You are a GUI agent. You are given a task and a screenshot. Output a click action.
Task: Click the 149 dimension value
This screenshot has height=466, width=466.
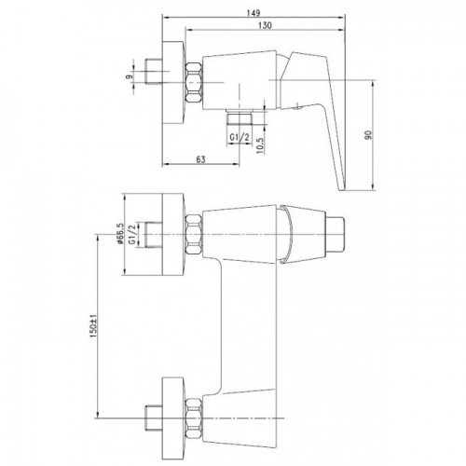pyautogui.click(x=254, y=13)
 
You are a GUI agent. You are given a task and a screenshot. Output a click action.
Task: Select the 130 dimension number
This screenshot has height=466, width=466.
pyautogui.click(x=265, y=25)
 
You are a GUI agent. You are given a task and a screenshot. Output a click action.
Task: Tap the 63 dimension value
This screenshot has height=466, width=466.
pyautogui.click(x=200, y=159)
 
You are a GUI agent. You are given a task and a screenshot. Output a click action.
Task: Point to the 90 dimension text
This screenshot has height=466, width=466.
pyautogui.click(x=368, y=135)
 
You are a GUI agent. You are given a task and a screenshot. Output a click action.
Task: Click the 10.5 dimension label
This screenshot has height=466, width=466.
pyautogui.click(x=260, y=145)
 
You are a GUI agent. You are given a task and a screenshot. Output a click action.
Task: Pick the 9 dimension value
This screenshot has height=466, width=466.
pyautogui.click(x=129, y=76)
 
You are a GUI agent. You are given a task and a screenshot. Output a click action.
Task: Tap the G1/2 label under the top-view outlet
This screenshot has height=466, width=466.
pyautogui.click(x=240, y=137)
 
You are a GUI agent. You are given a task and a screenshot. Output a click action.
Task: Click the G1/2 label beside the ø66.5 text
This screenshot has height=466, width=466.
pyautogui.click(x=132, y=235)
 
